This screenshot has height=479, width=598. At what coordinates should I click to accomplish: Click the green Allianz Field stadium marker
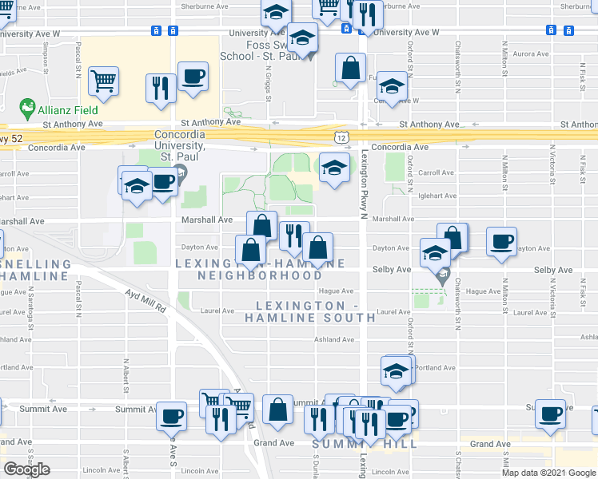(x=27, y=107)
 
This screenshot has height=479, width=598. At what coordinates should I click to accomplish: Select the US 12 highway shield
(x=342, y=138)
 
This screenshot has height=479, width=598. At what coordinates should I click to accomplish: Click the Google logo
(x=26, y=469)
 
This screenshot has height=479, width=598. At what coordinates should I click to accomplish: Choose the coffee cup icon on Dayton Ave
(x=501, y=240)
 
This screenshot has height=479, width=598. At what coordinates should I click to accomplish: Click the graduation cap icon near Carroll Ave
(x=333, y=168)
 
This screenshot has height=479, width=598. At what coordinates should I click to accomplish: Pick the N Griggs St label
(x=268, y=81)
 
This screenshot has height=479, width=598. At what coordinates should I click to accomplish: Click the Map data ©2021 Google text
(x=548, y=473)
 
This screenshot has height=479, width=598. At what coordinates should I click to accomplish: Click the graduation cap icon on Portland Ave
(x=396, y=370)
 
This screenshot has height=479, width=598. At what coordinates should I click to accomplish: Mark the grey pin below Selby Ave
(x=442, y=279)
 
